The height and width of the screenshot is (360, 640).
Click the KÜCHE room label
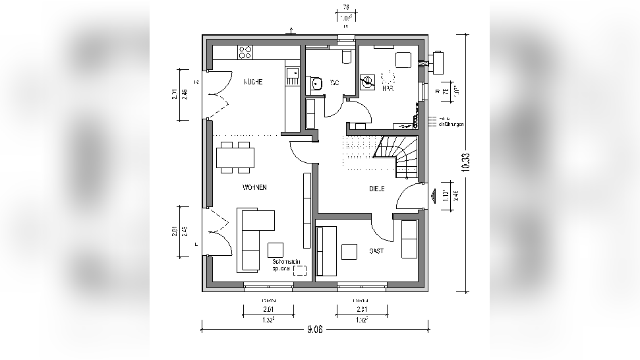253,82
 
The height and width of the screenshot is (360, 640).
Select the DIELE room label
377,189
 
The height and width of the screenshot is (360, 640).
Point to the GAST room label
376,251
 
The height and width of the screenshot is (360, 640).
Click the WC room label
334,82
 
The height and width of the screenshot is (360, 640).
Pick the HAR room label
388,88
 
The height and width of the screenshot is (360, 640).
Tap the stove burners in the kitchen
246,51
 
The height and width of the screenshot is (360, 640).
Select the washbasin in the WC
316,83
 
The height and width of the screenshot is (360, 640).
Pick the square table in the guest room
349,252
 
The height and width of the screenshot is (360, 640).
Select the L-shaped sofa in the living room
254,237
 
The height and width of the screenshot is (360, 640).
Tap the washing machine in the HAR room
369,82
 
